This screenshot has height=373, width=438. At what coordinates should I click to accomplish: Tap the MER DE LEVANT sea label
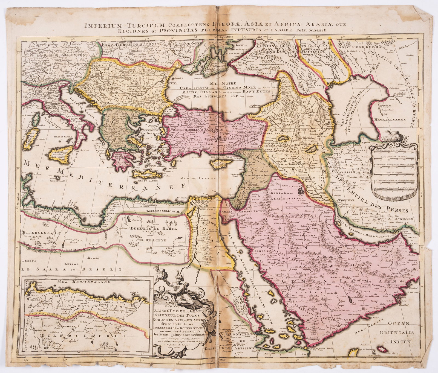point(193,178)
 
